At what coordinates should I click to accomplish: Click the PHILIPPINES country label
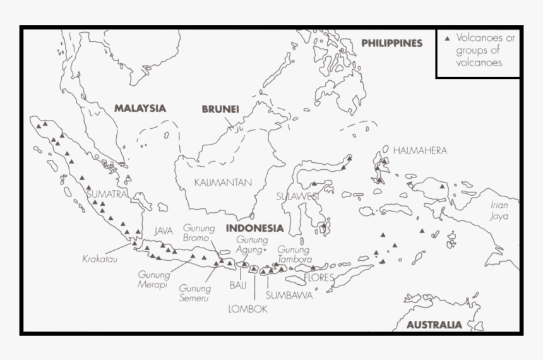point(391,43)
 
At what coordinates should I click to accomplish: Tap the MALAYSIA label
point(140,108)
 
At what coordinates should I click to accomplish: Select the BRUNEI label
point(220,109)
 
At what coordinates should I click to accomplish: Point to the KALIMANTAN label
point(223,183)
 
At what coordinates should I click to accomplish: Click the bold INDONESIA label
point(254,228)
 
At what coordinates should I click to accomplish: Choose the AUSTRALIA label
point(434,325)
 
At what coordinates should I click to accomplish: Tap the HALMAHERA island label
point(420,150)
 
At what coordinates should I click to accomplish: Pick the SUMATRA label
point(107,194)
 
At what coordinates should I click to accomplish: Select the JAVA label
point(164,231)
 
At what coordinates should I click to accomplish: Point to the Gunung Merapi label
point(154,279)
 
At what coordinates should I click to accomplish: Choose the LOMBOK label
point(248,309)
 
